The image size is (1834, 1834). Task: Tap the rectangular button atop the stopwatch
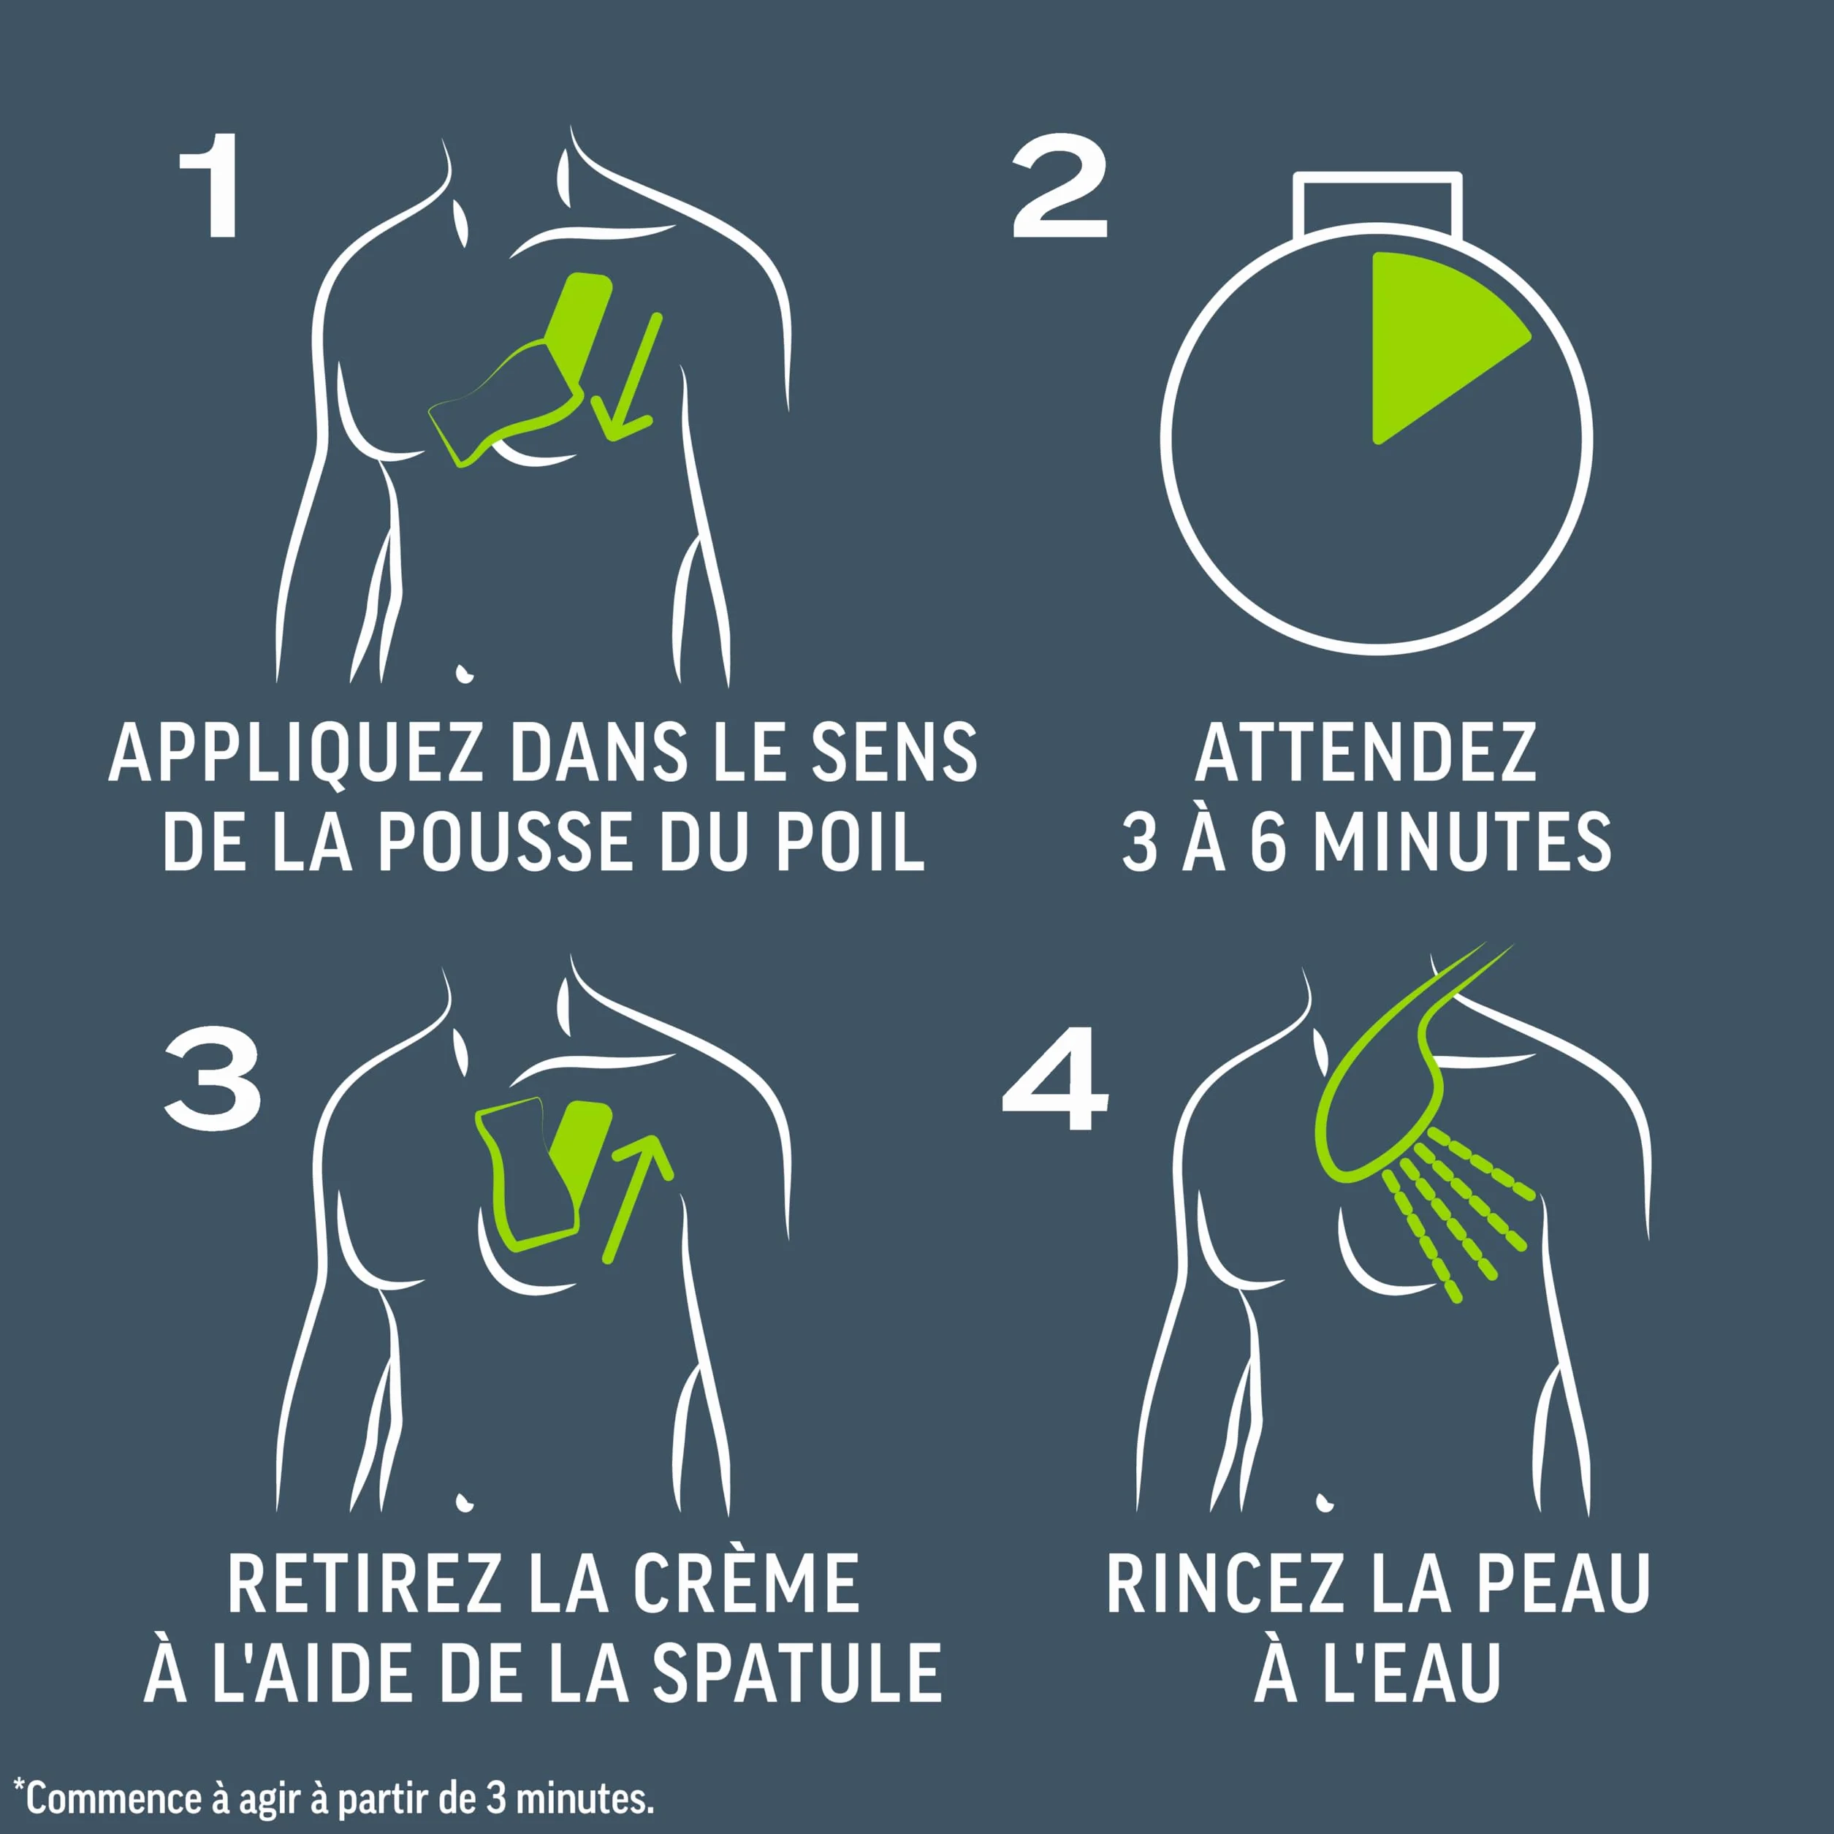1377,203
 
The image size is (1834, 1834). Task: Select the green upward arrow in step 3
639,1198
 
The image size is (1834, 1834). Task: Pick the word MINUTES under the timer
1462,842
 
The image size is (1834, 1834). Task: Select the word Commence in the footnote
115,1798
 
